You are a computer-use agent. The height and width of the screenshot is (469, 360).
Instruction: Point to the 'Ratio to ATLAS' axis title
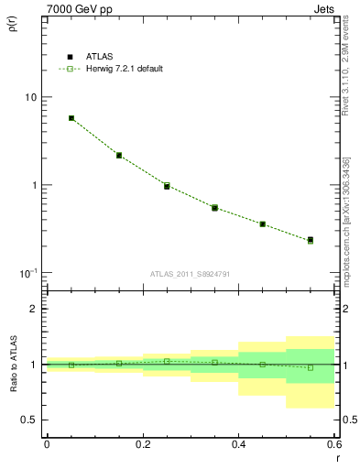tap(13, 365)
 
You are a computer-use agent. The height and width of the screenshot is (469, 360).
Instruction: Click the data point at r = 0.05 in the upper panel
tap(71, 118)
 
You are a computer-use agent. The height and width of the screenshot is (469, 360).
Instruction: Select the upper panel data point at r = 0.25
tap(167, 186)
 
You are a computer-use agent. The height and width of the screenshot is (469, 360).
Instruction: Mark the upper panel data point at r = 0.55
tap(311, 240)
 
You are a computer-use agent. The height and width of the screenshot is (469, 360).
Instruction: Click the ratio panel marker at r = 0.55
tap(311, 367)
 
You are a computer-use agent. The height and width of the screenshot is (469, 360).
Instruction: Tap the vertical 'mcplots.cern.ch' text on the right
tap(346, 238)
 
